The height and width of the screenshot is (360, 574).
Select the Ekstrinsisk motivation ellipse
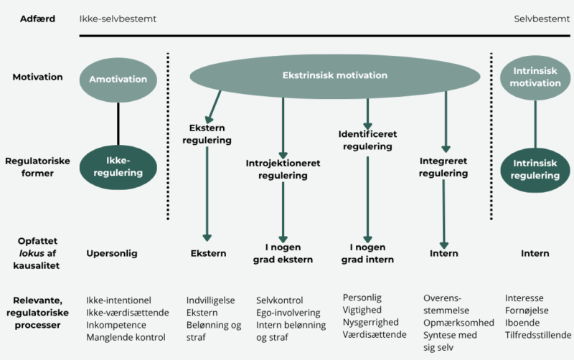click(x=334, y=75)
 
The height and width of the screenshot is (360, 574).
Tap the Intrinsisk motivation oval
click(x=537, y=77)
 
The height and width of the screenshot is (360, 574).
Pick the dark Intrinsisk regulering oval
click(x=537, y=168)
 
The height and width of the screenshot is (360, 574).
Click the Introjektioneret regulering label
click(x=283, y=169)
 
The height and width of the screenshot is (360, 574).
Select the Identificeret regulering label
click(x=367, y=140)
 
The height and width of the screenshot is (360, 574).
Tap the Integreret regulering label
click(x=443, y=166)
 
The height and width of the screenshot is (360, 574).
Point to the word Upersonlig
click(x=111, y=253)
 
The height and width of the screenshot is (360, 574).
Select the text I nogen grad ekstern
click(x=283, y=253)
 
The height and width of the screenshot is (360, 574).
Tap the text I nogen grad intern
click(x=367, y=253)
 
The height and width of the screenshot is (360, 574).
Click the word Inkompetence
click(x=116, y=325)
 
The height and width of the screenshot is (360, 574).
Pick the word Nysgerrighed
click(x=371, y=322)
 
